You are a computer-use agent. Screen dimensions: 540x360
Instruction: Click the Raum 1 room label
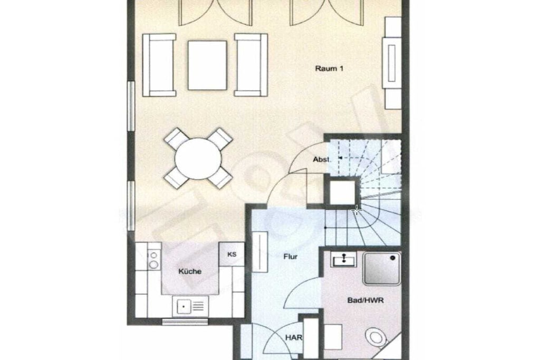click(x=329, y=69)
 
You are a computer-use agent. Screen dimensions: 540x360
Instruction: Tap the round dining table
click(x=198, y=159)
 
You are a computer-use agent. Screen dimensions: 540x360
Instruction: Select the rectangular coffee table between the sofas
click(x=207, y=65)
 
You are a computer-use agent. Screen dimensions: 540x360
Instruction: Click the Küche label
click(x=190, y=271)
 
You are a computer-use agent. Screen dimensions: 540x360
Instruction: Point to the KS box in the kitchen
click(x=232, y=255)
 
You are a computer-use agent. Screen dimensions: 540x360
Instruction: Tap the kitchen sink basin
click(x=184, y=306)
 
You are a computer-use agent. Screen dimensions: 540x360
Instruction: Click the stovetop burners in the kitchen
click(x=153, y=260)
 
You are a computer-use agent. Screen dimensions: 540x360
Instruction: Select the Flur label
click(x=291, y=256)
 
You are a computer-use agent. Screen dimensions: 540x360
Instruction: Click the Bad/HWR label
click(x=365, y=300)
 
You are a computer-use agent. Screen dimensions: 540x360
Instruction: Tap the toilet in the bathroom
click(x=375, y=337)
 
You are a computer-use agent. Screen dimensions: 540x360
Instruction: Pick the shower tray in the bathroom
click(x=382, y=269)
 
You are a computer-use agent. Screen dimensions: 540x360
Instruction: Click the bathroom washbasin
click(x=344, y=259)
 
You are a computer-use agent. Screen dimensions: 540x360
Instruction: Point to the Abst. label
click(x=322, y=159)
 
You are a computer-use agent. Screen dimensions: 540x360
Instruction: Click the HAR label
click(x=294, y=338)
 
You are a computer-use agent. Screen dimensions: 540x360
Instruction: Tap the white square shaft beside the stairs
click(x=342, y=192)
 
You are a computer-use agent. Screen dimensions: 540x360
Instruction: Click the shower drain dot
click(x=392, y=257)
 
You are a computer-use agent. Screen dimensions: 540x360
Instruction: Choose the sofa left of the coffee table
click(x=159, y=65)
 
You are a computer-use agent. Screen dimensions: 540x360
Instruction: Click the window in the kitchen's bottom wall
click(x=185, y=322)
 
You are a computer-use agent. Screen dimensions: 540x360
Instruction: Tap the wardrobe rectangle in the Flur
click(x=261, y=251)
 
